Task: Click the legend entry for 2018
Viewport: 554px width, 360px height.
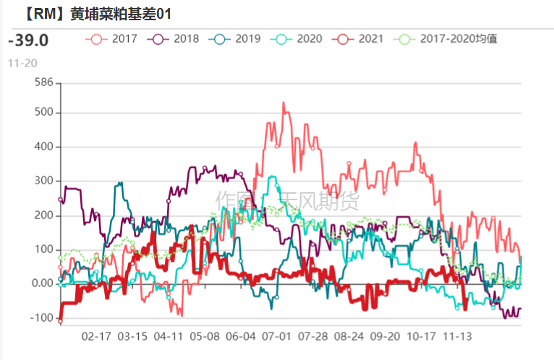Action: click(174, 39)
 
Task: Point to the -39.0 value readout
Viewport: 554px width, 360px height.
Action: click(28, 40)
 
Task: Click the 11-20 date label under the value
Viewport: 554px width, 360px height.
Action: click(22, 63)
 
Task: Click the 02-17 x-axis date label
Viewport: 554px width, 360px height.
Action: click(96, 337)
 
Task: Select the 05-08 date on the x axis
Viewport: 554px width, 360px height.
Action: click(205, 337)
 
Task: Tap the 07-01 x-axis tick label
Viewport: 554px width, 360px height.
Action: click(276, 337)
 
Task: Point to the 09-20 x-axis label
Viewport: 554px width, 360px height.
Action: click(385, 337)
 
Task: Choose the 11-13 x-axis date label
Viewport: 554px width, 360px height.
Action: click(457, 337)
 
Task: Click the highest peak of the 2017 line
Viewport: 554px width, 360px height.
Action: click(283, 103)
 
